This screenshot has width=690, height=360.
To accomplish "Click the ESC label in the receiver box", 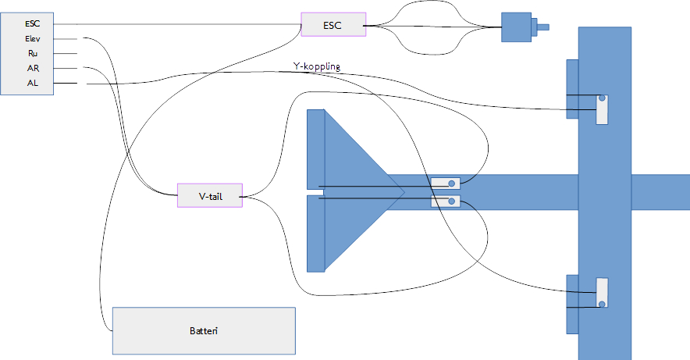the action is tap(32, 23).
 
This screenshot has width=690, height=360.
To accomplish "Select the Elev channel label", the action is tap(33, 39).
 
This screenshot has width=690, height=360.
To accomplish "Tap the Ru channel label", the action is tap(33, 54).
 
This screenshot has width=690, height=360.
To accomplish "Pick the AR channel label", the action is tap(33, 68).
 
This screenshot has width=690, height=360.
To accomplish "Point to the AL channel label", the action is tap(33, 83).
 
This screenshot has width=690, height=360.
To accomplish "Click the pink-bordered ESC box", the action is tap(333, 25).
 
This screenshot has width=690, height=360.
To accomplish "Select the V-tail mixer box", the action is tap(210, 195).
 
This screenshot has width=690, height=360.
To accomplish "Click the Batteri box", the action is tap(204, 330).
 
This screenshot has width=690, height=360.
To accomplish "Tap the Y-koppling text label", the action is tap(317, 66).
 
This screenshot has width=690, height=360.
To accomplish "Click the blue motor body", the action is tap(516, 27).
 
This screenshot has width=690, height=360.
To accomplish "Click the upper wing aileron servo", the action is tap(602, 109).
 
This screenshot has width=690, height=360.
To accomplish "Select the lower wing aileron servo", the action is tap(602, 293).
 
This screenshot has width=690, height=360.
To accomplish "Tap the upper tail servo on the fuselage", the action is tap(446, 183).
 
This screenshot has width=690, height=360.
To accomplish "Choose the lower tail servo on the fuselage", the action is tap(446, 201).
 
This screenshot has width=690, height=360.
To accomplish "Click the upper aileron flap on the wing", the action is tap(572, 89).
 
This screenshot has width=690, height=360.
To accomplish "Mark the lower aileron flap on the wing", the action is tap(572, 305).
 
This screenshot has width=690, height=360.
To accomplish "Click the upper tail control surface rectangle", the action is tap(315, 149).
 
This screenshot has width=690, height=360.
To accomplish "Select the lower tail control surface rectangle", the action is tap(315, 233).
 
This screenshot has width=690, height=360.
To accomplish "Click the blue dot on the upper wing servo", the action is tap(602, 98).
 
